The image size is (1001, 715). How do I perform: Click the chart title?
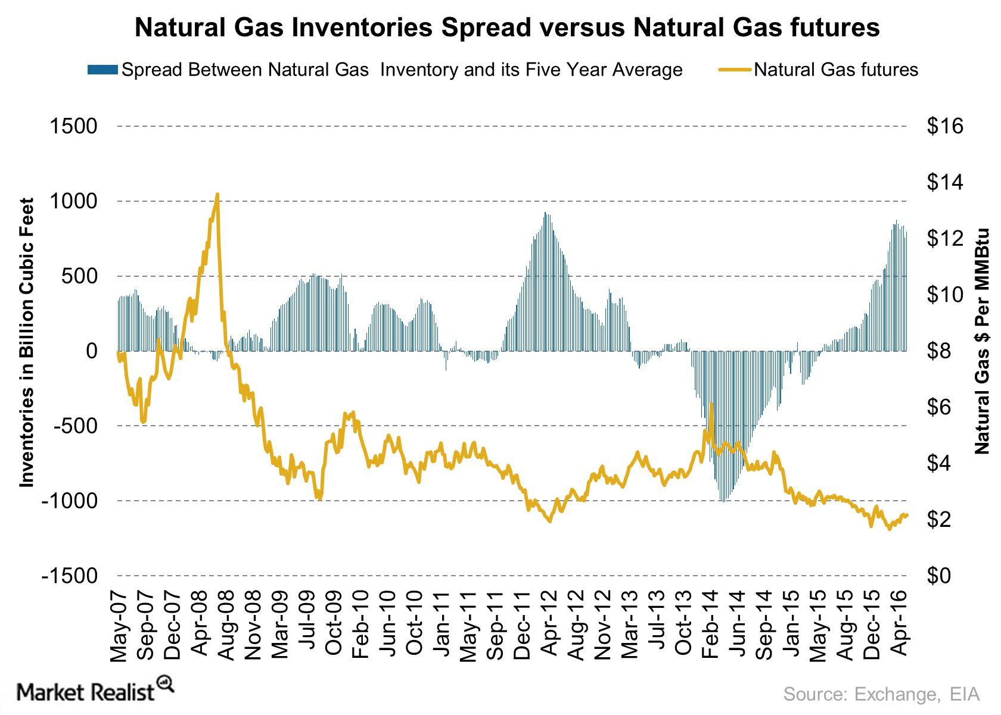point(507,28)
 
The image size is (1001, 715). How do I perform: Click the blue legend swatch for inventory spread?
point(102,70)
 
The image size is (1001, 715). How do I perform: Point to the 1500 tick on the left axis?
point(73,126)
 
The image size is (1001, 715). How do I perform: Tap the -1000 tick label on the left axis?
point(69,501)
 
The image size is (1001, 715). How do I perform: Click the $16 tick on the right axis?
point(945,126)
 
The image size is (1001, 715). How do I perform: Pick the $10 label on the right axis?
point(945,295)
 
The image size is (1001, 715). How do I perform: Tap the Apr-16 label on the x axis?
point(899,623)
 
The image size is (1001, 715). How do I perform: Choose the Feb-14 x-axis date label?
point(709,625)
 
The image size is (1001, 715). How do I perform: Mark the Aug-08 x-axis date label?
point(226,626)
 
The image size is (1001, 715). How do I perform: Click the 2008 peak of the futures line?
point(217,195)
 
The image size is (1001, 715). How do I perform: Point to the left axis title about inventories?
point(26,342)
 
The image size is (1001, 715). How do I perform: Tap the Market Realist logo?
point(95,691)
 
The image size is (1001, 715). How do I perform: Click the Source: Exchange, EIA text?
point(881,694)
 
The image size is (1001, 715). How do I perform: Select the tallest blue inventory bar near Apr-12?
point(545,282)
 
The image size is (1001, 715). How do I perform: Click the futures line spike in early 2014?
point(710,404)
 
